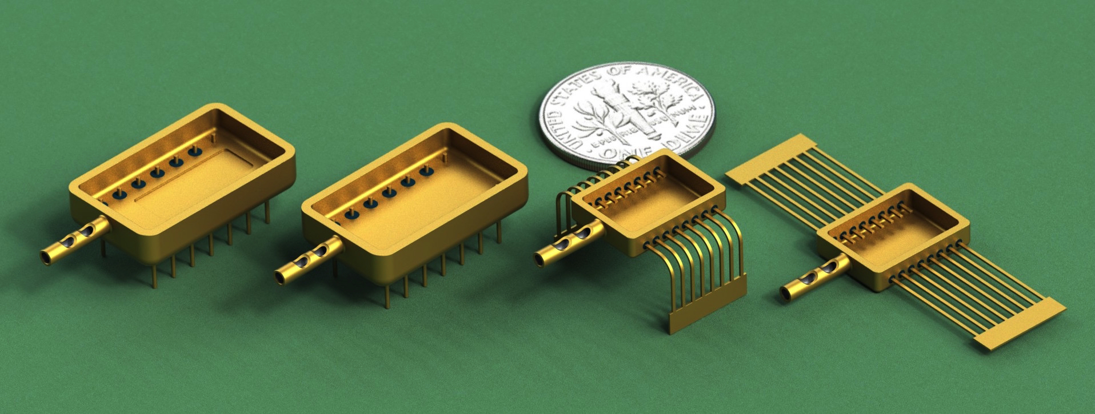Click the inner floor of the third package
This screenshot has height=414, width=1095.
[657, 200]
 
